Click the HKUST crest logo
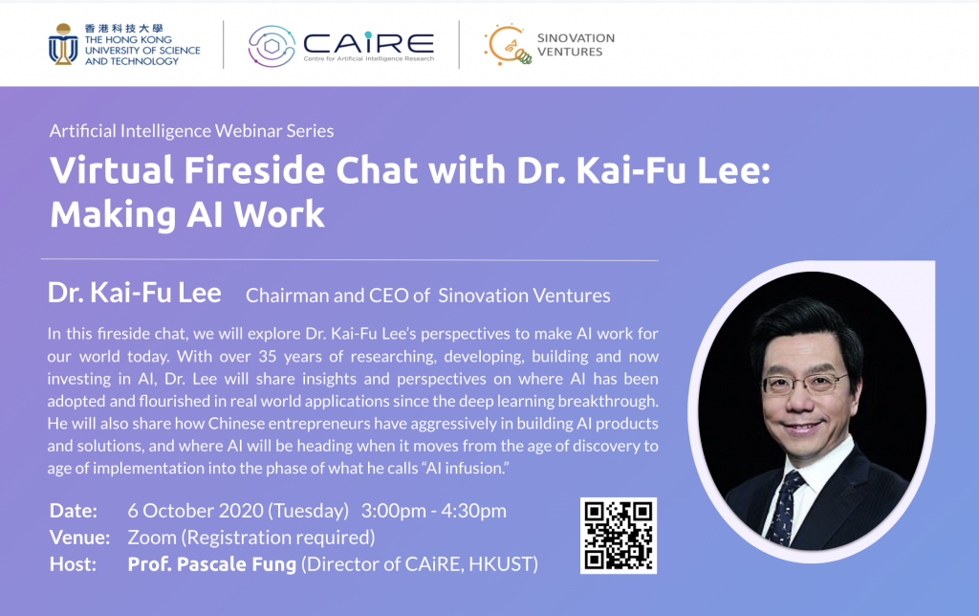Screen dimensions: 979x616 [x=63, y=44]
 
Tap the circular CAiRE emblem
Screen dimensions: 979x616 [x=272, y=46]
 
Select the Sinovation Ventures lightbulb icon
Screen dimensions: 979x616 [x=508, y=44]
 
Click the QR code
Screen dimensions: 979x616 [x=619, y=536]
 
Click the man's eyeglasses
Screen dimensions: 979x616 [x=803, y=383]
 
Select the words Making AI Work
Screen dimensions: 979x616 [x=187, y=215]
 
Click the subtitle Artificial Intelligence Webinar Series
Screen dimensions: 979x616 [x=191, y=131]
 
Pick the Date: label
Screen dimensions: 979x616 [x=73, y=511]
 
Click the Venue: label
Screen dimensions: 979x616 [x=79, y=538]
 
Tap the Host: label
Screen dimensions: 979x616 [x=73, y=564]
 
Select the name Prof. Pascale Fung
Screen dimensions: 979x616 [x=211, y=564]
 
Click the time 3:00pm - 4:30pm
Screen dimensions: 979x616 [x=433, y=511]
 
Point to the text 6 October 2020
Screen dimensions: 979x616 [x=195, y=511]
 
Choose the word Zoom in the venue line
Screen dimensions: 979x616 [x=152, y=538]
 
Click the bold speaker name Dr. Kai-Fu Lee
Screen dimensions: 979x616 [x=134, y=293]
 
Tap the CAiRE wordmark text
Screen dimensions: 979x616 [x=368, y=43]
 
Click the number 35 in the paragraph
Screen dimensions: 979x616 [x=268, y=356]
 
